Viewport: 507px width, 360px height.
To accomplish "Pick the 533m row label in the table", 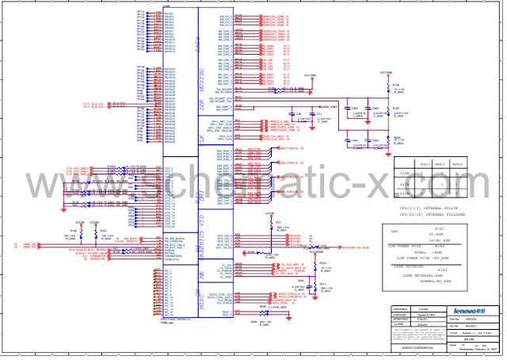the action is (403, 172).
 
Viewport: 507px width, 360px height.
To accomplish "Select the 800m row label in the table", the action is (403, 190).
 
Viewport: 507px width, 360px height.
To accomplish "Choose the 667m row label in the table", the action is (403, 181).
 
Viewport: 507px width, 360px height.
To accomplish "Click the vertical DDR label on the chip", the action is (202, 104).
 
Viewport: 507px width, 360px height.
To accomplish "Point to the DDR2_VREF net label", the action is (329, 106).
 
